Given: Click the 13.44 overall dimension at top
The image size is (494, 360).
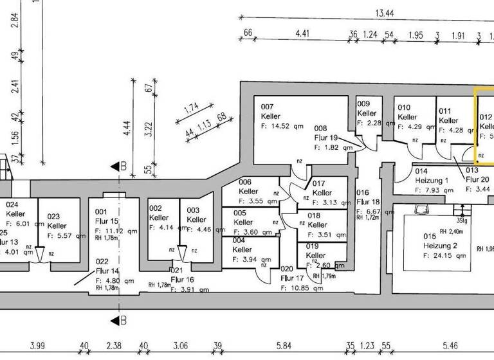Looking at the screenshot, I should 386,13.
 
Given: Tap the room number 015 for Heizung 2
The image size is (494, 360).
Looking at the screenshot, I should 430,237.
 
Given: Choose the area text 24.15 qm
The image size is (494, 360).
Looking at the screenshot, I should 444,255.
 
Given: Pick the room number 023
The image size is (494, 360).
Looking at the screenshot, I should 55,217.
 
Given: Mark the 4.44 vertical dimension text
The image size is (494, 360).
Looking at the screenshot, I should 127,129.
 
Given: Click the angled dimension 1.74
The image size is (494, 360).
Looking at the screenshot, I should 191,109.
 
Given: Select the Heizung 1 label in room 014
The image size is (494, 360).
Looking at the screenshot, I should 432,181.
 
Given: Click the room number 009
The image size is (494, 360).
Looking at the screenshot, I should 363,104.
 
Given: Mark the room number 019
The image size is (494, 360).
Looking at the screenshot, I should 313,246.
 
